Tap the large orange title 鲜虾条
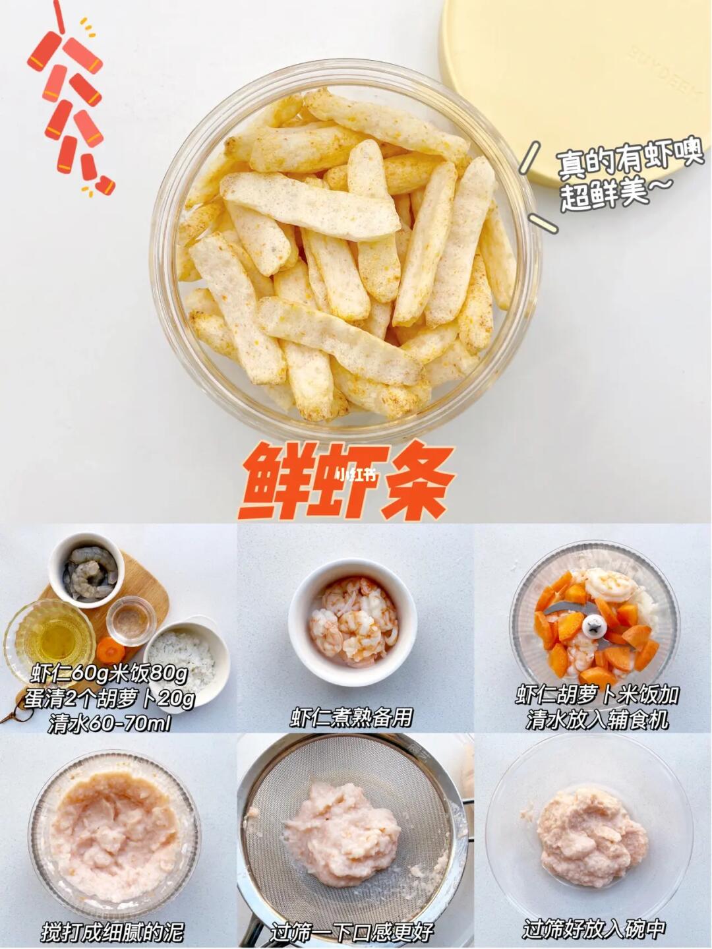coord(346,481)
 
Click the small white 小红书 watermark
coord(354,476)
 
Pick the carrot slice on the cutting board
coord(109,651)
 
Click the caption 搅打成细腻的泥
coord(113,929)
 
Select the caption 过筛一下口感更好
coord(352,929)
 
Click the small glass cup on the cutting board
coord(131,621)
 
